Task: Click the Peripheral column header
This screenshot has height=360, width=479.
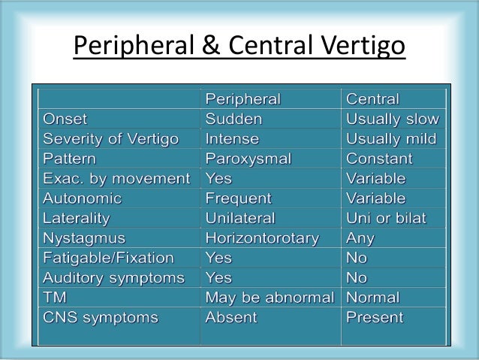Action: click(x=243, y=99)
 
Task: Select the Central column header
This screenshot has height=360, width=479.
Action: click(x=372, y=99)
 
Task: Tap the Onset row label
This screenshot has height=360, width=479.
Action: click(x=65, y=119)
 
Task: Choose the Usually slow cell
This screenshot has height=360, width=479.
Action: click(x=393, y=119)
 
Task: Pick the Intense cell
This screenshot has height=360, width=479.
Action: click(x=232, y=139)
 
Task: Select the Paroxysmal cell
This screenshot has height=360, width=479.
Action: click(x=248, y=159)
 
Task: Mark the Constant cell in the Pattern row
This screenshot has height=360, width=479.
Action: click(x=378, y=159)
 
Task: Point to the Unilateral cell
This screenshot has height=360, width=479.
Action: click(x=240, y=219)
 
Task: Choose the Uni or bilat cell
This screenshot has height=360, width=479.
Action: click(x=386, y=219)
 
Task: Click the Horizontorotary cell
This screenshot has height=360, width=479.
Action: click(x=262, y=238)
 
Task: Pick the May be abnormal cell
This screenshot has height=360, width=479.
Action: click(x=270, y=298)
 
